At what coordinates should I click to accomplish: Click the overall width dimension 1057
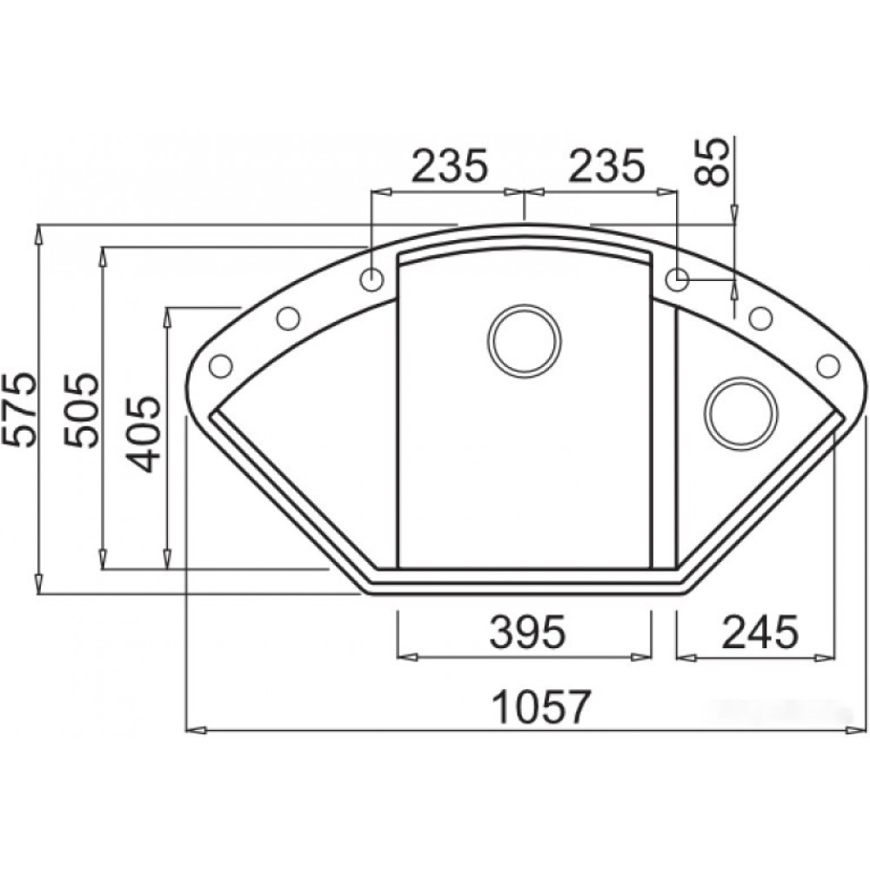pyautogui.click(x=541, y=706)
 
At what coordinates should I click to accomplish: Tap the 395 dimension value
pyautogui.click(x=527, y=632)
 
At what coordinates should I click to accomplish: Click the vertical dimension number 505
pyautogui.click(x=81, y=411)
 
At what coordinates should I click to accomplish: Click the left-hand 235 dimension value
pyautogui.click(x=450, y=164)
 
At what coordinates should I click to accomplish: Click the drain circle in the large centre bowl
pyautogui.click(x=524, y=339)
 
